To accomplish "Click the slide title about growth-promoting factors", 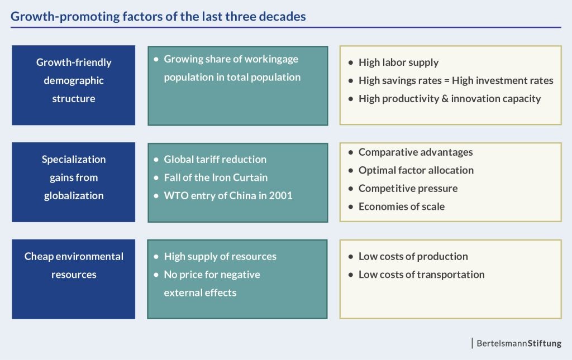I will pos(158,16).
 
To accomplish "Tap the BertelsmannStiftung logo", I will pos(519,343).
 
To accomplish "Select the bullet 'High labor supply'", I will pos(398,63).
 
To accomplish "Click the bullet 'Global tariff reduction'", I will pos(215,160).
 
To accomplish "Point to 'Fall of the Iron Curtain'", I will pos(216,177).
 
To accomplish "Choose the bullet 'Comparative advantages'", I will pos(416,152).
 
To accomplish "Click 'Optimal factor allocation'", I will pos(416,170).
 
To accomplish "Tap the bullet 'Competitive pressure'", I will pos(408,189).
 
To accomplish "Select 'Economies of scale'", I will pos(402,207).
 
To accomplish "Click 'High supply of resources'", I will pos(220,257).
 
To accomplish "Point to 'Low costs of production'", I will pos(413,257).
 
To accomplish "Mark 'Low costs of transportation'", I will pos(421,275).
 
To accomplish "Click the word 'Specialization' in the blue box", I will pos(74,160).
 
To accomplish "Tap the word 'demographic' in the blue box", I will pos(74,81).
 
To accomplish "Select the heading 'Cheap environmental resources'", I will pos(74,265).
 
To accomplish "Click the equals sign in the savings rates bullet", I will pos(447,81).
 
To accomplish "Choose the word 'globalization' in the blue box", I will pos(74,196).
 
